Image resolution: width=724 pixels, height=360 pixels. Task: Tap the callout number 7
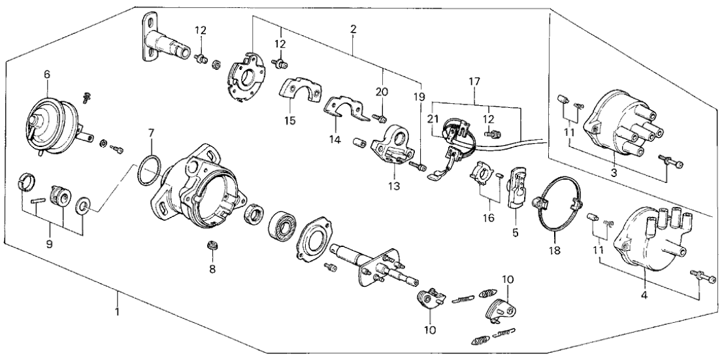coord(151,133)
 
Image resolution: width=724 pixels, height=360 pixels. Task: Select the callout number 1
coord(118,312)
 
